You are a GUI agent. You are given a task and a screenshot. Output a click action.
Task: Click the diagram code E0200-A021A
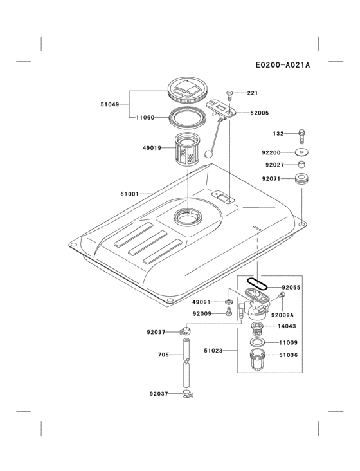click(x=282, y=64)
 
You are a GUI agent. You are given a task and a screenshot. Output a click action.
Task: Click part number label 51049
click(x=109, y=104)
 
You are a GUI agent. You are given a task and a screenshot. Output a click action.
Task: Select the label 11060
click(x=145, y=118)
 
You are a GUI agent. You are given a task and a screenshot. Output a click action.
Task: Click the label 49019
click(x=152, y=148)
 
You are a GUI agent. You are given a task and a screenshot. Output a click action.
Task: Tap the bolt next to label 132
click(x=300, y=135)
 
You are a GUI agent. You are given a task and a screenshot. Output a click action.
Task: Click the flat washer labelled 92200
click(x=300, y=152)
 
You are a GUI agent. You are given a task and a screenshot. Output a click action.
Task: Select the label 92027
click(x=271, y=165)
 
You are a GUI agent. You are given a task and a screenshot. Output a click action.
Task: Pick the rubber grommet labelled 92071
click(x=300, y=178)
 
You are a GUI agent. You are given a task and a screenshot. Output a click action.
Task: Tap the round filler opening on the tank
click(x=190, y=217)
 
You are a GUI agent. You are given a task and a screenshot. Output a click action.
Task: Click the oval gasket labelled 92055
click(x=258, y=282)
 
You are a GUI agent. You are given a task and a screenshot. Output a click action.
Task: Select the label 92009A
click(x=282, y=315)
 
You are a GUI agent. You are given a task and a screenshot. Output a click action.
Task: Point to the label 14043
click(x=292, y=327)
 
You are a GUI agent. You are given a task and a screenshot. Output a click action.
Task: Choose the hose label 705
click(x=163, y=355)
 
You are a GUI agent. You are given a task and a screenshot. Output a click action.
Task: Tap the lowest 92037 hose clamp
click(x=187, y=393)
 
